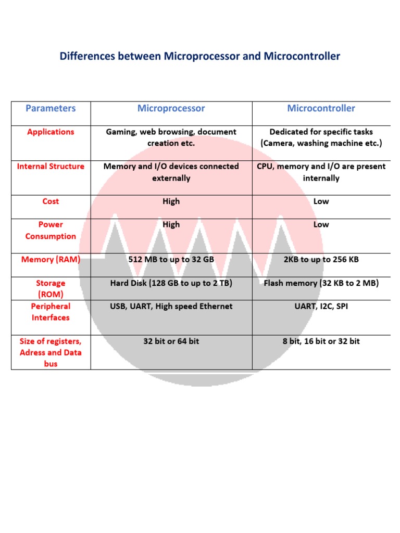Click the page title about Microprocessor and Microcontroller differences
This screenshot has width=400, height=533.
pos(200,56)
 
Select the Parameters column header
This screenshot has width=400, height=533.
pos(51,108)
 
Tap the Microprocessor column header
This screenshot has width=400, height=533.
pos(171,108)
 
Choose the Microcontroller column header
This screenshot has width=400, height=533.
pos(321,108)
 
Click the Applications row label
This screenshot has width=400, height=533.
pos(51,132)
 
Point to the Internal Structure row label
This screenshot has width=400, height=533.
pos(51,167)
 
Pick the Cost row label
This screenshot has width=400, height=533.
pos(51,201)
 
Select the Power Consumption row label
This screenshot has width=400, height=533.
pos(51,230)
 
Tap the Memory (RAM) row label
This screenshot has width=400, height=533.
pos(51,259)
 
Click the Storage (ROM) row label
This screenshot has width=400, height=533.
pos(51,288)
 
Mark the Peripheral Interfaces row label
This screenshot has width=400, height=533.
pos(51,312)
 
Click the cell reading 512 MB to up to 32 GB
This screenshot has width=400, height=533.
pos(171,259)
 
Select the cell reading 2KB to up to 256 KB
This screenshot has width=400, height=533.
pos(321,259)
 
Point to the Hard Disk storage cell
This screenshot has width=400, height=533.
pos(171,283)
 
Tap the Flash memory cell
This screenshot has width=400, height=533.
pos(321,283)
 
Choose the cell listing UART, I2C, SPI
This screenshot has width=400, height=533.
pos(321,306)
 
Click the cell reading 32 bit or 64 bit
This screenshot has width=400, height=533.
pos(171,341)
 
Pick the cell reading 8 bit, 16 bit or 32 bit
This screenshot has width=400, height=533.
pos(321,341)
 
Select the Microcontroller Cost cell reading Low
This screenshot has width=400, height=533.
pos(321,201)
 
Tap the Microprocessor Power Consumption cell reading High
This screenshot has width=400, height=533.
pos(171,224)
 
